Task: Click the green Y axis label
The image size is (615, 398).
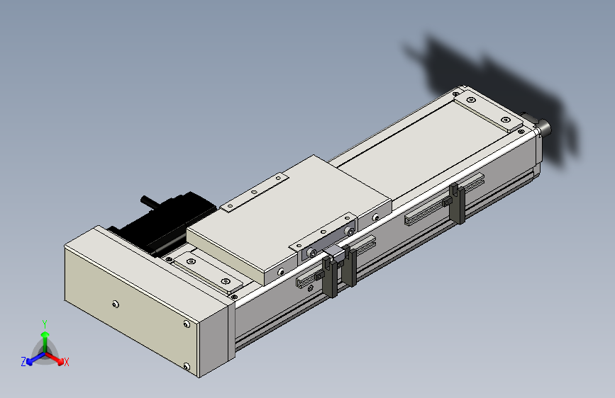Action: pos(45,324)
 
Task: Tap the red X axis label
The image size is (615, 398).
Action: pos(66,362)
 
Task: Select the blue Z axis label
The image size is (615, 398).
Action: pos(23,362)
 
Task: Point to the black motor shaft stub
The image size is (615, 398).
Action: pos(148,201)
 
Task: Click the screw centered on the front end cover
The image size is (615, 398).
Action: pos(116,305)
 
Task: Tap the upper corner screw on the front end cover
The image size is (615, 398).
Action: pos(187,324)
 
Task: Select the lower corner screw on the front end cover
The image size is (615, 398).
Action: pos(187,367)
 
